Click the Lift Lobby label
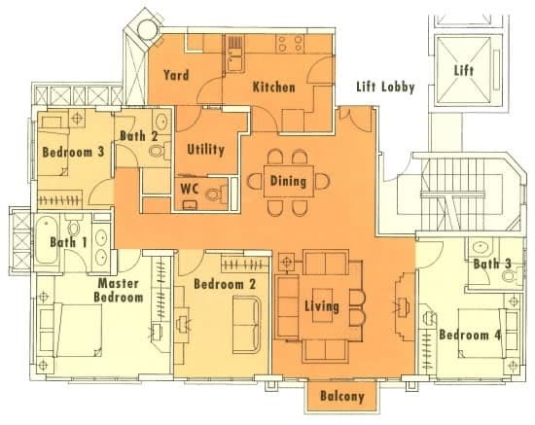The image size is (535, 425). [385, 87]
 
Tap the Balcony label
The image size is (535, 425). [342, 397]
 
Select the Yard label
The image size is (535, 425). [176, 75]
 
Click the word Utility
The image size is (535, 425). [206, 150]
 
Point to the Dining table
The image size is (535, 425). [289, 181]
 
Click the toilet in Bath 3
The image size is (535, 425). [512, 275]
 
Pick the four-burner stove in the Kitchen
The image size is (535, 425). [291, 44]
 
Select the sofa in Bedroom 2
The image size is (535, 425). [247, 325]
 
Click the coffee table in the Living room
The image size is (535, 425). [322, 305]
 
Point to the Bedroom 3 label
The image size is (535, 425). [73, 152]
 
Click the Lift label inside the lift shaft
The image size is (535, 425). [464, 71]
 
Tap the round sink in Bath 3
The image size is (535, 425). [481, 246]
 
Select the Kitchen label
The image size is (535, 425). [273, 87]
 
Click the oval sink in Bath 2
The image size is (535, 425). [161, 122]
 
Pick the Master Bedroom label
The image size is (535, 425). [119, 291]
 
